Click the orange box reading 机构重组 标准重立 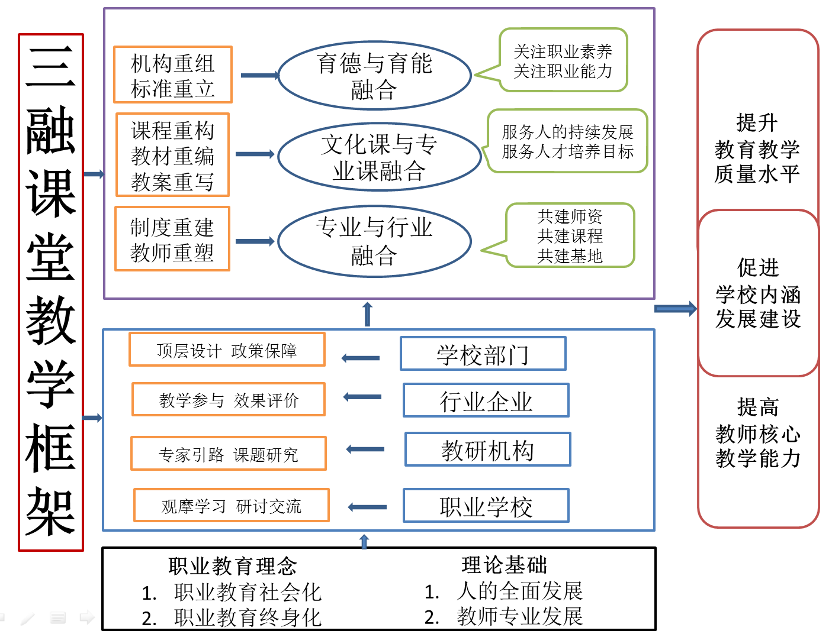pos(172,75)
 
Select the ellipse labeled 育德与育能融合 pos(374,76)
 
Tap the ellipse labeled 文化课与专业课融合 pos(379,157)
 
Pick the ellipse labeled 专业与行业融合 pos(374,241)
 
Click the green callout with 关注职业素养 pos(563,60)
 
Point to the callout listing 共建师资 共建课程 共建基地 pos(570,235)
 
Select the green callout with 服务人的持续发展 pos(567,141)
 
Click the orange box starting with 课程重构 pos(172,155)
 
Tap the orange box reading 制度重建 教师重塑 pos(172,239)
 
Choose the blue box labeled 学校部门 pos(483,354)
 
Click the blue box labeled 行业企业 pos(486,400)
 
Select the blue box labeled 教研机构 pos(487,449)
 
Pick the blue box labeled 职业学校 pos(486,506)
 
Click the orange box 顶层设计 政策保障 pos(227,350)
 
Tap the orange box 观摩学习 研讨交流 pos(231,506)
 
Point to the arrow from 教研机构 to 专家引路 pos(365,449)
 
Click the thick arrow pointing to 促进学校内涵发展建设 pos(675,309)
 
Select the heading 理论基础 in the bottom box pos(504,565)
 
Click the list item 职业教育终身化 pos(247,617)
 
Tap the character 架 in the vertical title pos(51,512)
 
